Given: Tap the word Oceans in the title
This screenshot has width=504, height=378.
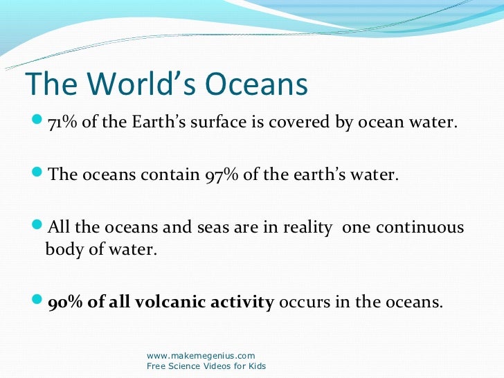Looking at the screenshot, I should [251, 84].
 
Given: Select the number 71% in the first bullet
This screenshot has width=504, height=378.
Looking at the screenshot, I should [62, 123].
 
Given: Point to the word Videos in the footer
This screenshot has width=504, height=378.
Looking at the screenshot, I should [214, 366].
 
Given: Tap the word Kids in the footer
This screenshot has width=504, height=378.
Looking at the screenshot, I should [255, 366].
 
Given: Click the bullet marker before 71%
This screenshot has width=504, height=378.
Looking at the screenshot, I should [37, 123].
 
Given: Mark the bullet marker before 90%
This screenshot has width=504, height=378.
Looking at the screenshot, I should [37, 302].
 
